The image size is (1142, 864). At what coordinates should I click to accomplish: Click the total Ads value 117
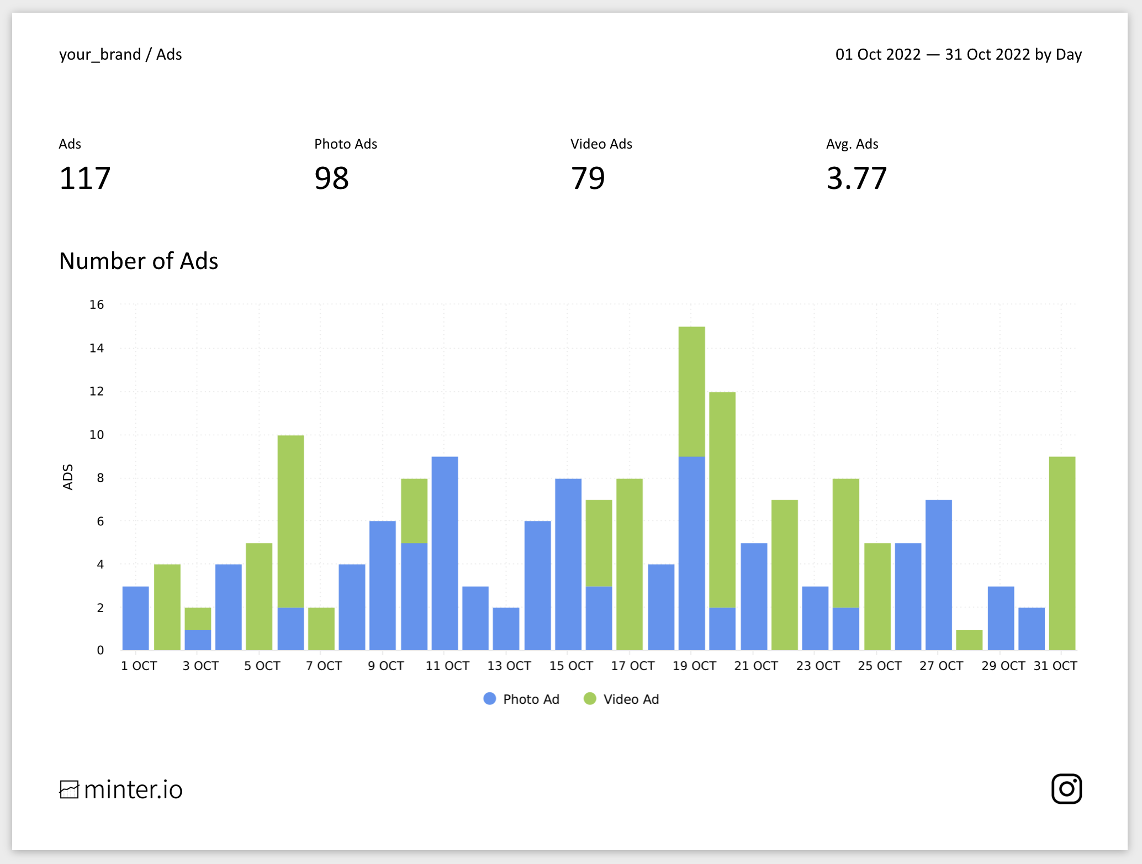pyautogui.click(x=85, y=178)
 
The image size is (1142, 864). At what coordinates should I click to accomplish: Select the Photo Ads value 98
pyautogui.click(x=331, y=178)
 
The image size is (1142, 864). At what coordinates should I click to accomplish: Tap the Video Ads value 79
pyautogui.click(x=588, y=178)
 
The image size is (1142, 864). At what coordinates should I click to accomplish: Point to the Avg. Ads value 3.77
pyautogui.click(x=856, y=178)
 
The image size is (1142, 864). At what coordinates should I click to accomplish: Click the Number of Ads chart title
pyautogui.click(x=139, y=261)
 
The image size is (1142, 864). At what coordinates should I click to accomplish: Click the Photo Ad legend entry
pyautogui.click(x=522, y=699)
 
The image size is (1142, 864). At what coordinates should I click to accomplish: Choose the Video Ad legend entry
pyautogui.click(x=622, y=699)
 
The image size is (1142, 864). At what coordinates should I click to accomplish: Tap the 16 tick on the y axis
pyautogui.click(x=97, y=304)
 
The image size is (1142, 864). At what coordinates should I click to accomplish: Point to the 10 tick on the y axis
pyautogui.click(x=97, y=435)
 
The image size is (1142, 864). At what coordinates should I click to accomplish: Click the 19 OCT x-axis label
pyautogui.click(x=694, y=666)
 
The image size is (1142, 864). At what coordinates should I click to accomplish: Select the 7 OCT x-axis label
pyautogui.click(x=324, y=666)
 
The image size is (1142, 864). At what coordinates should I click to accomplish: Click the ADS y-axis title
pyautogui.click(x=67, y=477)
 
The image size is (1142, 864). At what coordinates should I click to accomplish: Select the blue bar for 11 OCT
pyautogui.click(x=445, y=552)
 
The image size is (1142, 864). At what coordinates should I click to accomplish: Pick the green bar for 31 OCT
pyautogui.click(x=1062, y=552)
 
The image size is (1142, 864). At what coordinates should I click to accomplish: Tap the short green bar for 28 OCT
pyautogui.click(x=969, y=640)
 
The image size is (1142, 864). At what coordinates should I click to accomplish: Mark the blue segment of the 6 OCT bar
pyautogui.click(x=290, y=629)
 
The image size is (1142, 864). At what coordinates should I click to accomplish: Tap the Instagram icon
pyautogui.click(x=1066, y=788)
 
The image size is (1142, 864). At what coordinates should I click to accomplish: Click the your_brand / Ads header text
pyautogui.click(x=120, y=54)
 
